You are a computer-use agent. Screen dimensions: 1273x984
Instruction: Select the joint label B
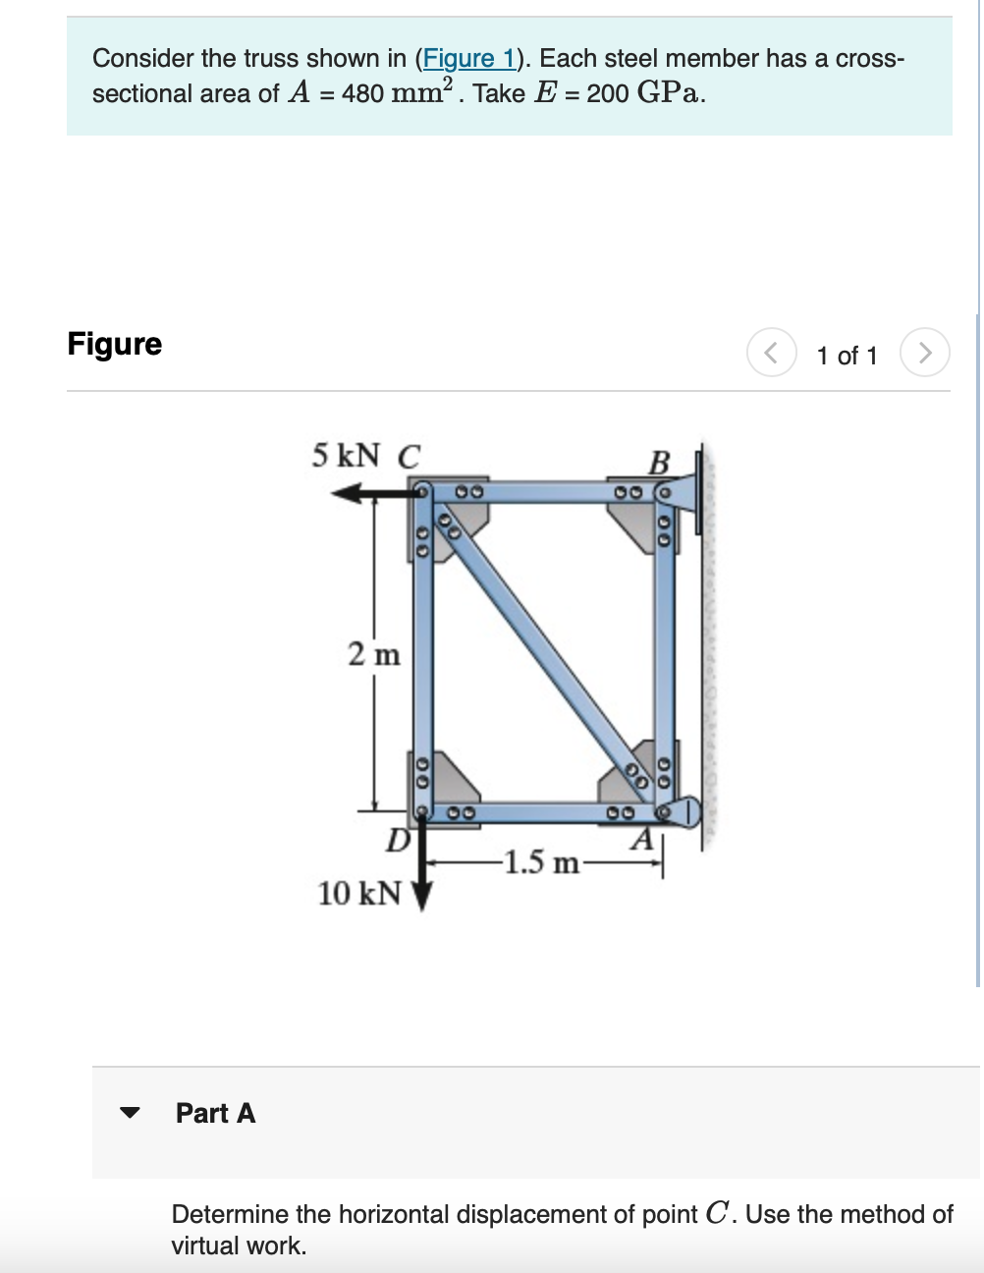659,462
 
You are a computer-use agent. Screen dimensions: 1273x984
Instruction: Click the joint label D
397,841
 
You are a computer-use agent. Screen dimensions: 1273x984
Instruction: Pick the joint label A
641,840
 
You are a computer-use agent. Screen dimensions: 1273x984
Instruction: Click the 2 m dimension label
374,653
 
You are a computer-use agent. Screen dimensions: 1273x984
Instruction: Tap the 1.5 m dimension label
539,862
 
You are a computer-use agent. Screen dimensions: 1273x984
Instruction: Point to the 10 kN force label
359,893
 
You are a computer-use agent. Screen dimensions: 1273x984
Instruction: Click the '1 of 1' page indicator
847,356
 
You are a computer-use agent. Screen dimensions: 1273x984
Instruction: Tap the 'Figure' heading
115,344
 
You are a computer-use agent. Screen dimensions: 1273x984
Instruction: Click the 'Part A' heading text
215,1113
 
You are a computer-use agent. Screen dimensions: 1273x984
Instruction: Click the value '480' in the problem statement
362,94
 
